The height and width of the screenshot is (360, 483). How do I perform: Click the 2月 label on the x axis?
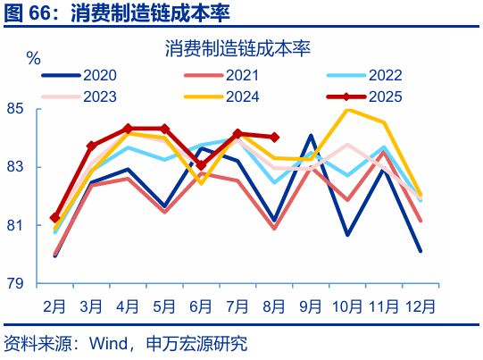click(55, 306)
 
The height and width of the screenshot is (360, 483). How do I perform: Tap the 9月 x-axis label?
click(311, 306)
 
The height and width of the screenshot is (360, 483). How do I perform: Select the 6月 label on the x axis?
click(201, 306)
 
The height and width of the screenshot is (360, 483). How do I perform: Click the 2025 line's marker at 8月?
click(274, 138)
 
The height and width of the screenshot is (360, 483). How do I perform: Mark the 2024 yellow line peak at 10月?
click(347, 110)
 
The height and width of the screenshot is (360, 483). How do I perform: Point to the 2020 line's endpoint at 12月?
click(420, 251)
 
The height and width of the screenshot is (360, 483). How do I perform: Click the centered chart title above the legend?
click(237, 49)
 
